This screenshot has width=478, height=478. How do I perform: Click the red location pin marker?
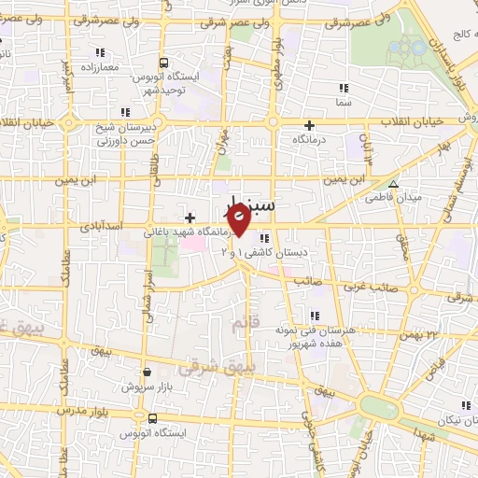238,219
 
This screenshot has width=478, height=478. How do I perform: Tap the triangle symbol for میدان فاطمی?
393,184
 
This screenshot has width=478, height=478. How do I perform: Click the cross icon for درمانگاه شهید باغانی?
190,218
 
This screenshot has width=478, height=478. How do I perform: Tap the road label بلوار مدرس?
77,411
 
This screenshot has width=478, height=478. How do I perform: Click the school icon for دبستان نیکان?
465,405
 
